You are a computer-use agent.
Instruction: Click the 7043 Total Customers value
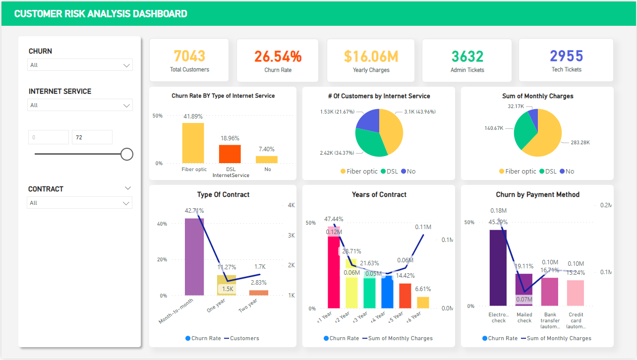coord(189,56)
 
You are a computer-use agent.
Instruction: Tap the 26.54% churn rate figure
coord(278,57)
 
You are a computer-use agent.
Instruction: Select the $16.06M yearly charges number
coord(371,57)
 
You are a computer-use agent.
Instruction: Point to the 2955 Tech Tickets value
coord(566,56)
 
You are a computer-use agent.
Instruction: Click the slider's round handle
coord(127,154)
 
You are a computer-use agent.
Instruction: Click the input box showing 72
coord(92,137)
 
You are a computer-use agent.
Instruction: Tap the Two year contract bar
coord(259,293)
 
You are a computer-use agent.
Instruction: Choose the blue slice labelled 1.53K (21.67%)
coord(367,122)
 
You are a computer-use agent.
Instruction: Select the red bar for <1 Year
coord(334,273)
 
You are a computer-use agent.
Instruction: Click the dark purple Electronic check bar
coord(498,268)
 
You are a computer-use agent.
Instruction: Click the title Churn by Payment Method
coord(537,194)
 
